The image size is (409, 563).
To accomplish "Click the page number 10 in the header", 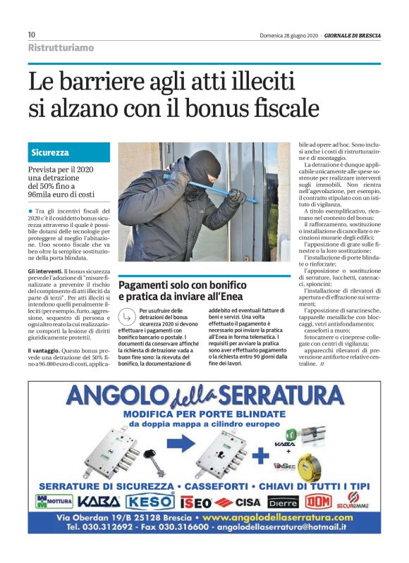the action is [x=32, y=35].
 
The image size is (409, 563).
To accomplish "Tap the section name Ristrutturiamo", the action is [x=61, y=47].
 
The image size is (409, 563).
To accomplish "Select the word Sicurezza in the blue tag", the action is [x=50, y=152].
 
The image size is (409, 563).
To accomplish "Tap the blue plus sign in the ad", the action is [x=262, y=456].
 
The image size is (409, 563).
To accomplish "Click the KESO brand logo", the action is [x=150, y=502].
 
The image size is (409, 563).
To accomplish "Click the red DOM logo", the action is [x=317, y=502].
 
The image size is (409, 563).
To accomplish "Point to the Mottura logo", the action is [x=54, y=502].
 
